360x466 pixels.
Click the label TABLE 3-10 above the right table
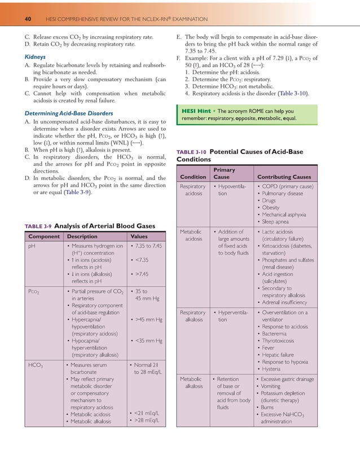[x=192, y=152]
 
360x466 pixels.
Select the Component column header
[x=45, y=237]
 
